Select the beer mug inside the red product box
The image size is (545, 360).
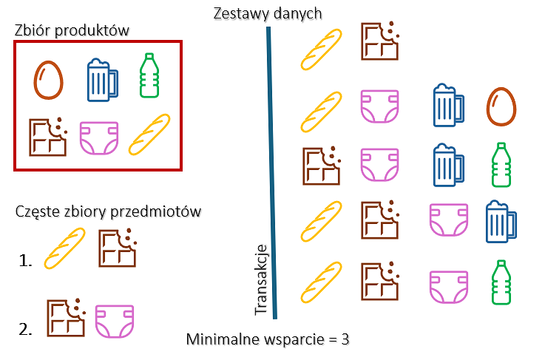(103, 78)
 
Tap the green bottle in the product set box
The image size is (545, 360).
(150, 75)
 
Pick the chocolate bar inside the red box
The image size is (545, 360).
(48, 137)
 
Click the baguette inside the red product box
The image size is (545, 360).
(149, 135)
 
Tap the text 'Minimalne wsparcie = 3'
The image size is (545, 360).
(267, 340)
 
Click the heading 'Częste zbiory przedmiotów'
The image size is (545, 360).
(109, 212)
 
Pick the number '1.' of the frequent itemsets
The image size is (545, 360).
(27, 259)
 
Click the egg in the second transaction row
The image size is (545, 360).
(500, 106)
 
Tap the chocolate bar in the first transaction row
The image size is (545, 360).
(379, 41)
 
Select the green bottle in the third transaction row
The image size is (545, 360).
(501, 164)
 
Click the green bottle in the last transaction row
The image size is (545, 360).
(501, 282)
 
